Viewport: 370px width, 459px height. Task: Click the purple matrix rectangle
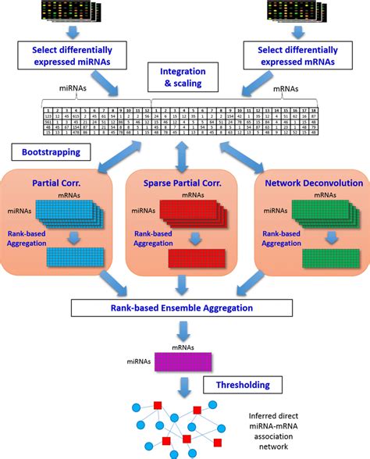point(184,361)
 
